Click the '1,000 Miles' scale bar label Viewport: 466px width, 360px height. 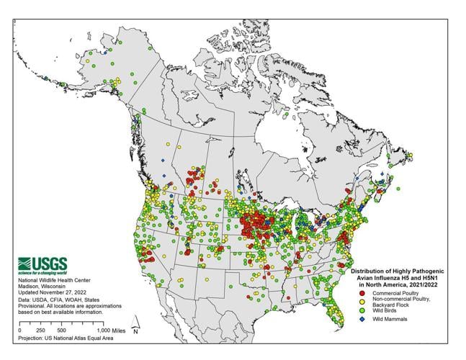(x=111, y=329)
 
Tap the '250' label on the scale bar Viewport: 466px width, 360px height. (x=40, y=329)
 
